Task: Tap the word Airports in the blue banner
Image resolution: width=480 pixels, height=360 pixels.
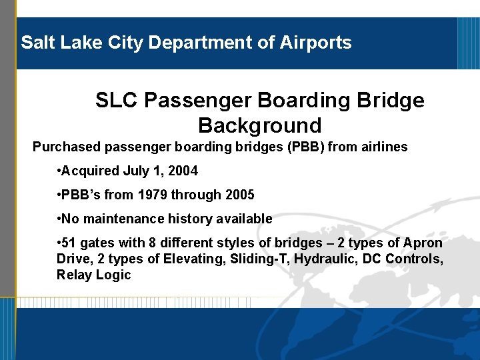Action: pos(317,43)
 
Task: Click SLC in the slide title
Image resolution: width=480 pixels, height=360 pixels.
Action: pos(116,101)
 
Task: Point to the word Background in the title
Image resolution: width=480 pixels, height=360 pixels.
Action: pos(259,125)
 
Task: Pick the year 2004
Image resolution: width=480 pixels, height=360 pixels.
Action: pos(183,171)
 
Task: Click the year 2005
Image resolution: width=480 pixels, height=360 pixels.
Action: pos(239,195)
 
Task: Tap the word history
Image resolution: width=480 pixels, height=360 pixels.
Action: pos(194,219)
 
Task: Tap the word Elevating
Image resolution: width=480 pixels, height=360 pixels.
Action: pos(185,259)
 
